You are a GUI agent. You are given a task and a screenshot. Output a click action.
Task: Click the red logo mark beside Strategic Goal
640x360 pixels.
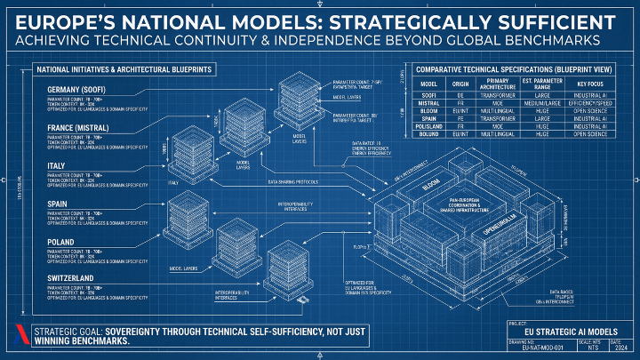click(17, 337)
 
